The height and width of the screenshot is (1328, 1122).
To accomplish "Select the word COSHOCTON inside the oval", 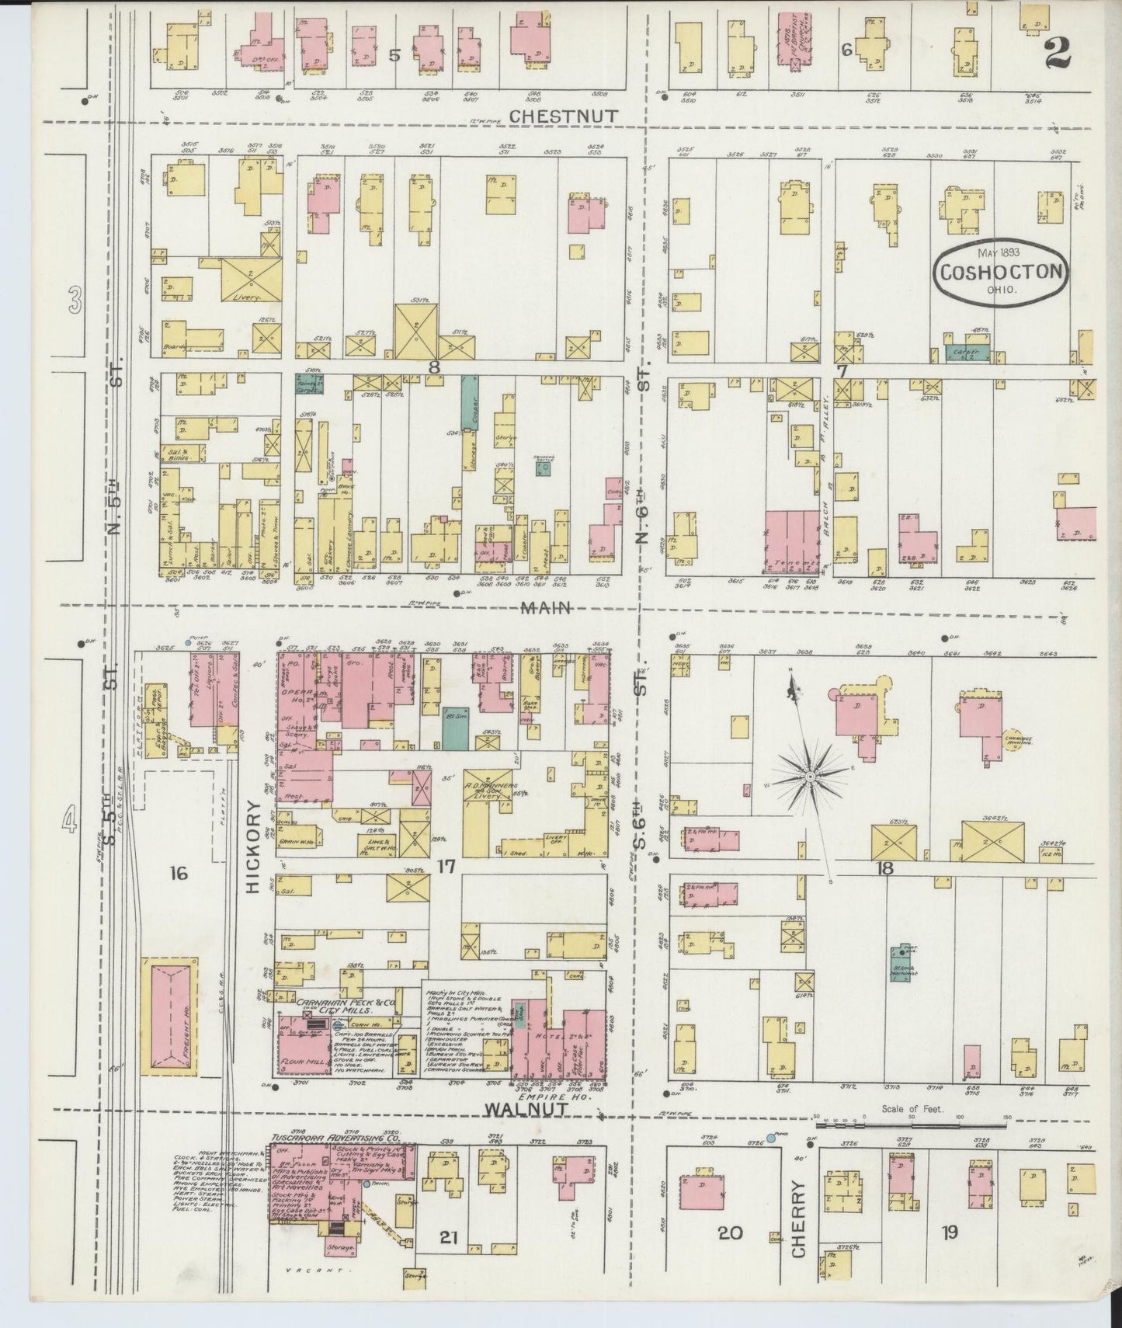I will tap(1002, 272).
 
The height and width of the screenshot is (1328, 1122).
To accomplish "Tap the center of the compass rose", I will tap(810, 776).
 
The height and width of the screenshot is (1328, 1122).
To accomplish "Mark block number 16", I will tap(178, 874).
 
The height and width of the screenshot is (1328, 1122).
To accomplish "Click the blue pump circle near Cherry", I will tap(770, 1138).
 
